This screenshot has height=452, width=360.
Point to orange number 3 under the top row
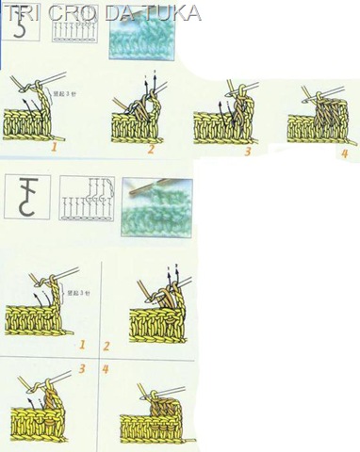247,150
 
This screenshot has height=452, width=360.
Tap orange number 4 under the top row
344,153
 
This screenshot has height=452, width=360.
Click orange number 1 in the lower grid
83,346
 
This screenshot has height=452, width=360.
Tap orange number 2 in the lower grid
106,346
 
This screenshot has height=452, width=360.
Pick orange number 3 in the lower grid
83,369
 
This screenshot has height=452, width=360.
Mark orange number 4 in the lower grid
106,369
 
